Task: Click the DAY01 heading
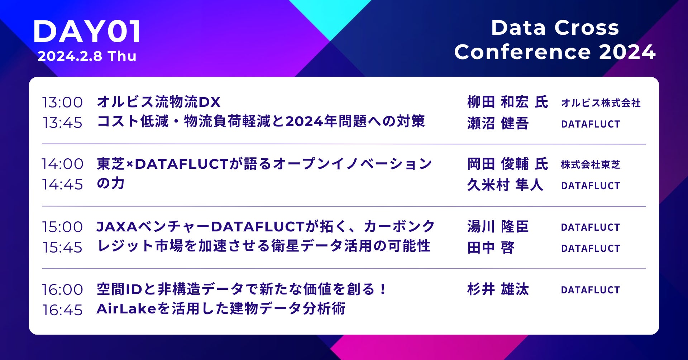(x=87, y=32)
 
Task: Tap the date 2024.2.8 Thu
(x=87, y=56)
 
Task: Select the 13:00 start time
(x=62, y=102)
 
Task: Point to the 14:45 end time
(x=62, y=184)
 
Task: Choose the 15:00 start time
(x=62, y=227)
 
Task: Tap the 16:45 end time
(x=62, y=310)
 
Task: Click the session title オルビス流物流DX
(x=159, y=102)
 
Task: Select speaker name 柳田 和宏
(x=498, y=102)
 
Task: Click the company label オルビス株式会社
(x=601, y=103)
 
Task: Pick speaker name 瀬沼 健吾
(x=498, y=123)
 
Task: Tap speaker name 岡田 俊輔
(x=498, y=164)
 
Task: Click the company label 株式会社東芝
(x=591, y=164)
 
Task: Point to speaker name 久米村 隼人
(x=505, y=185)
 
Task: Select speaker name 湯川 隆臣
(x=498, y=227)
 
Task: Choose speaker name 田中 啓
(x=491, y=248)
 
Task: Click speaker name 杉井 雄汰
(x=498, y=289)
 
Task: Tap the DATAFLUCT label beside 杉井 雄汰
(x=591, y=290)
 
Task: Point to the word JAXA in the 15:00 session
(x=117, y=227)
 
